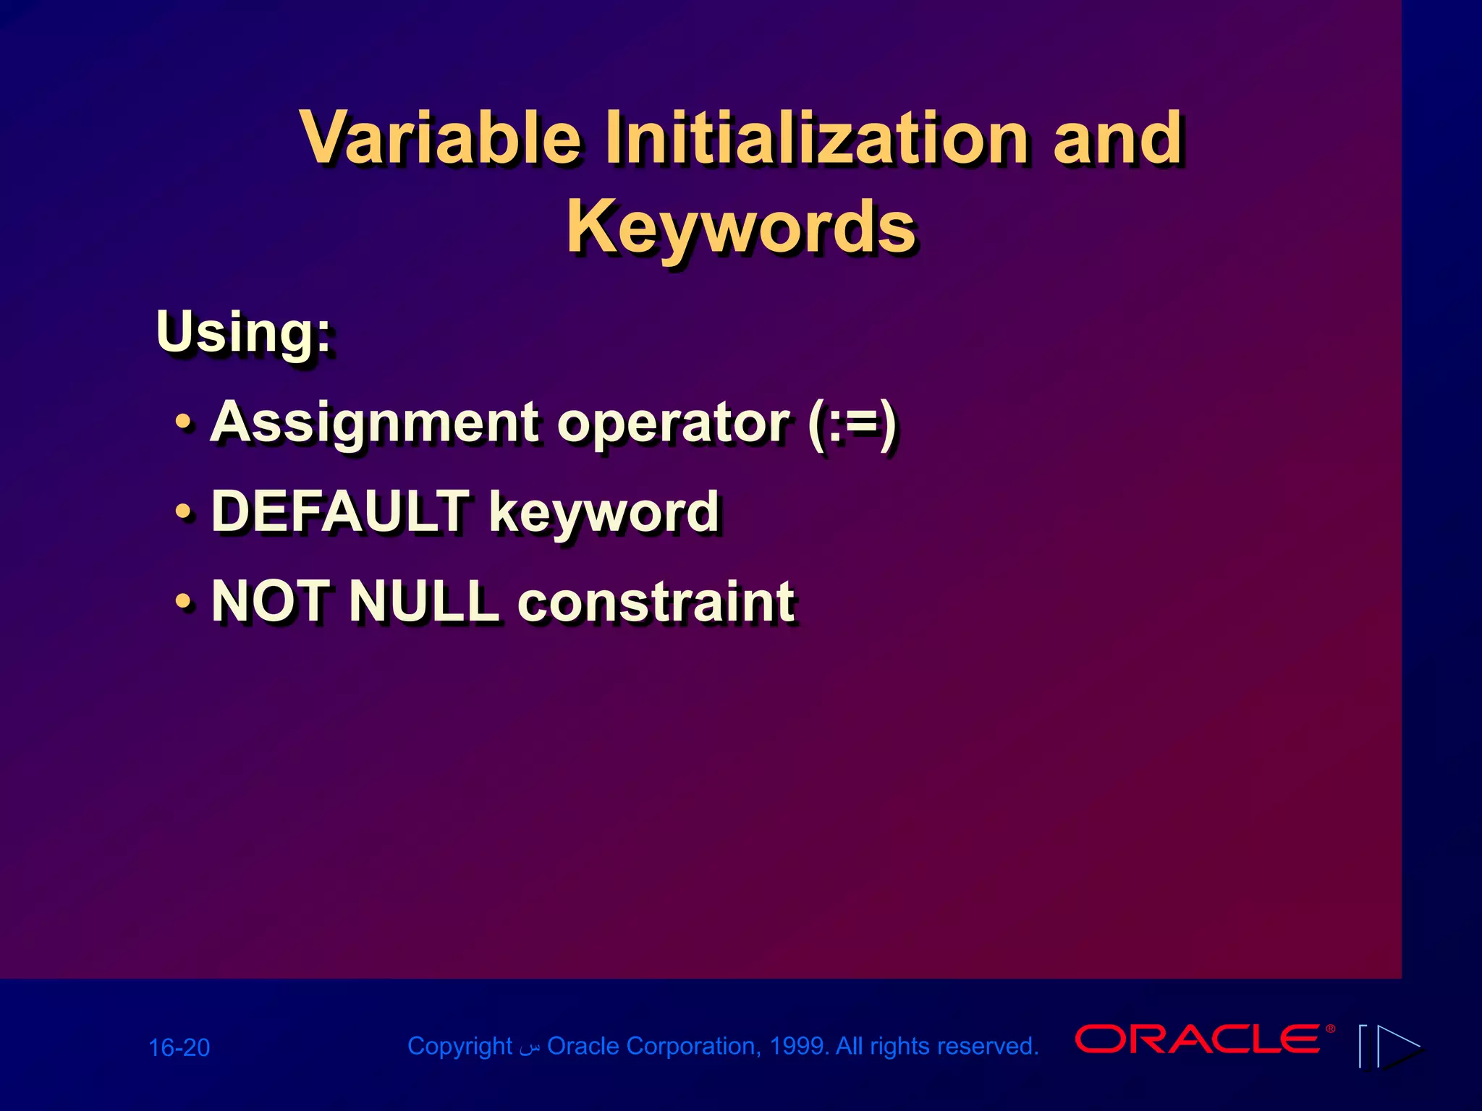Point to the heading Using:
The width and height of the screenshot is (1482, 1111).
click(244, 333)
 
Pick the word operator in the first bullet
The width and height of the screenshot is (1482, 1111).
click(673, 423)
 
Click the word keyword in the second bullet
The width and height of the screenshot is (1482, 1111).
click(604, 512)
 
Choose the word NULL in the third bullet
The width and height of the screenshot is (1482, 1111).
click(424, 602)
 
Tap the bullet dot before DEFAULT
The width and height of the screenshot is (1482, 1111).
click(185, 511)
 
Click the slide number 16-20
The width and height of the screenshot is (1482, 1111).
click(179, 1047)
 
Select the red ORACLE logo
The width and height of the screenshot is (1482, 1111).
click(1198, 1039)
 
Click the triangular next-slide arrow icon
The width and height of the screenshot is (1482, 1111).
click(1398, 1046)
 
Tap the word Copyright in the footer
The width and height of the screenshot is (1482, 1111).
click(460, 1046)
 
